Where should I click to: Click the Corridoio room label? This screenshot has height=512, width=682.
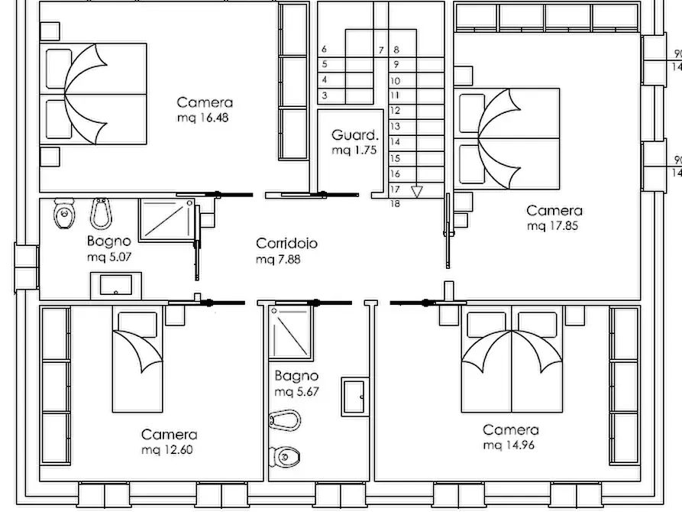coord(286,243)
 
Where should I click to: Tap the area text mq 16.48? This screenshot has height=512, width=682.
coord(202,118)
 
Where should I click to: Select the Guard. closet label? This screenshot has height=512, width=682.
coord(355,135)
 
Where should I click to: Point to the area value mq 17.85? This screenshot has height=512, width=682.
coord(552,226)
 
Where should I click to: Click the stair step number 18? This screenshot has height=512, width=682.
coord(395,204)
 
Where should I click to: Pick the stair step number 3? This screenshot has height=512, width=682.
coord(325,96)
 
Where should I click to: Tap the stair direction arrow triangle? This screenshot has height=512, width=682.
coord(417,192)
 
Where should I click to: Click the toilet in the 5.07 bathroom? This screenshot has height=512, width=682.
coord(64,213)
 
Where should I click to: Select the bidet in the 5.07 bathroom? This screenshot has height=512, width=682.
coord(101,213)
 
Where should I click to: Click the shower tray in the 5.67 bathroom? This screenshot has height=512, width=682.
coord(290,332)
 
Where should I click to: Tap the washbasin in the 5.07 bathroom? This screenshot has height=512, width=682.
coord(115,286)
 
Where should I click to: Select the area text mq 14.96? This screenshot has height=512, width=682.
coord(509,446)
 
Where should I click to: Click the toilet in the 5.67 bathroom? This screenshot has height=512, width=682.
coord(284,456)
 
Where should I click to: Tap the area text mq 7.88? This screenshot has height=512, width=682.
coord(278,260)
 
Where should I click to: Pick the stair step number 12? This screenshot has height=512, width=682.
coord(395,111)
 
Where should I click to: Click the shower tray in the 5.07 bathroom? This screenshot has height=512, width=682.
coord(167,219)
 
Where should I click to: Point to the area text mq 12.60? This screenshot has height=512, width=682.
coord(167,450)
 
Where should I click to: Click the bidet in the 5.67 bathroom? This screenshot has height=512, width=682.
coord(285,420)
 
